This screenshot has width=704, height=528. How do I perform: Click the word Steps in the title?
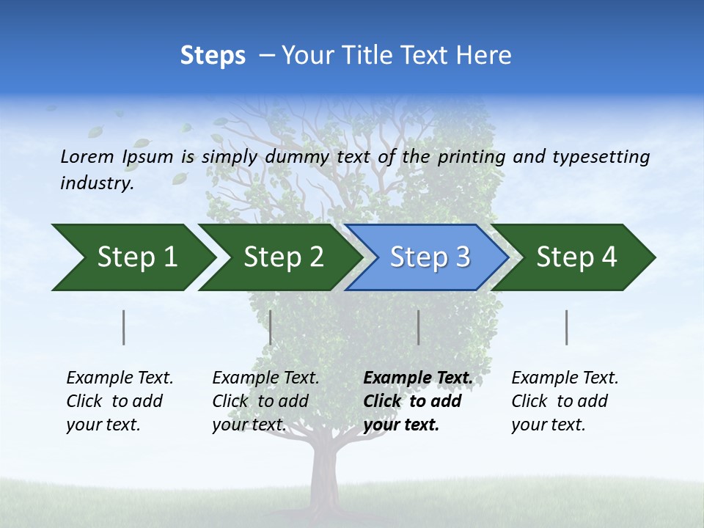tap(213, 56)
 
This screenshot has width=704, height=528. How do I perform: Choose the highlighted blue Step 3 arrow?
tap(430, 257)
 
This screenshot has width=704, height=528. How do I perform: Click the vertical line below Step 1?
tap(124, 327)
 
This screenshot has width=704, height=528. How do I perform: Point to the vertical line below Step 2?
tap(271, 327)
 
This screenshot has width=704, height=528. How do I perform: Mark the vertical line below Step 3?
tap(418, 327)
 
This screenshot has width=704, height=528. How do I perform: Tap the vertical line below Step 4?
tap(567, 327)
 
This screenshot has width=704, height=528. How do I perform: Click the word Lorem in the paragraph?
tap(87, 156)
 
